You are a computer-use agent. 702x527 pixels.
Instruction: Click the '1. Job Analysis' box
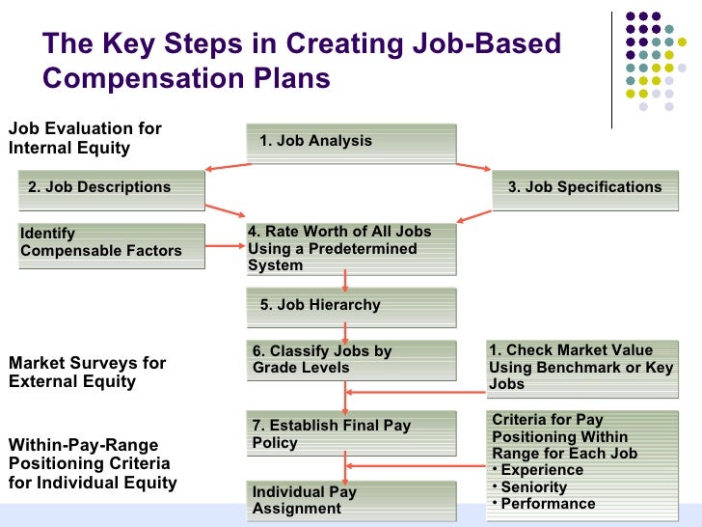351,142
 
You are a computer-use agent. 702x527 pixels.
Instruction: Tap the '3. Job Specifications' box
584,188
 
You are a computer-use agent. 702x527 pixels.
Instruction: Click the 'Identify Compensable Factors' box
112,242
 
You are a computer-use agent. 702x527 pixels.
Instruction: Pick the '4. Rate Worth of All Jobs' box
351,249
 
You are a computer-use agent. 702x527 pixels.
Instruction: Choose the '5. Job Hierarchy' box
351,306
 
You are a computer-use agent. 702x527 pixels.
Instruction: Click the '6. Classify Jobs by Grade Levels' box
351,359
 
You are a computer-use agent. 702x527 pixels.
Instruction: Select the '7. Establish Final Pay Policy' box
351,434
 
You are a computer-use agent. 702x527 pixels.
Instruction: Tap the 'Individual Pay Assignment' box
351,500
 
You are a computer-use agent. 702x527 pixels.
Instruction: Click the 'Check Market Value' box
582,367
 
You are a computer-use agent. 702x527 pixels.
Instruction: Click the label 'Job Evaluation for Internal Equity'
85,139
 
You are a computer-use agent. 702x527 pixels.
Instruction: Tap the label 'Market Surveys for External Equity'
87,373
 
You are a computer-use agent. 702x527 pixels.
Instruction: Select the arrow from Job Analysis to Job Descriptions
227,168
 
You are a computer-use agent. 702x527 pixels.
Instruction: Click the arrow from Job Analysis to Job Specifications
474,168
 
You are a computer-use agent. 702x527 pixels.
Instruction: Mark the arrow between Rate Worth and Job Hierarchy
343,281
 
